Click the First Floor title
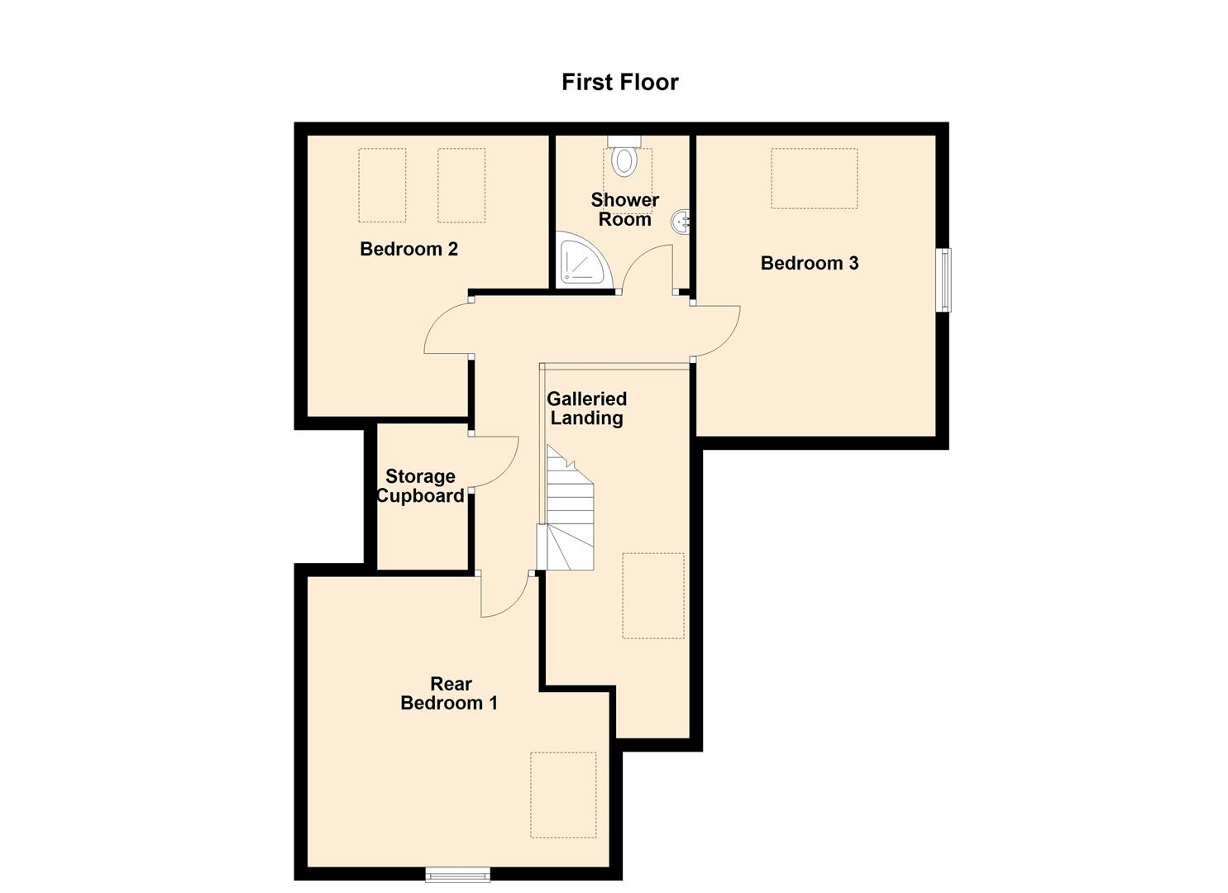coord(619,82)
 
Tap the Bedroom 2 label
coord(409,249)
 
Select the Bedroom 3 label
coord(809,263)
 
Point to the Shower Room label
coord(624,209)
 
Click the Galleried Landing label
coord(586,408)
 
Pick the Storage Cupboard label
coord(420,486)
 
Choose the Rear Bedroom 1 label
coord(449,693)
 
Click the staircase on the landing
coord(569,513)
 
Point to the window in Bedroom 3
coord(944,279)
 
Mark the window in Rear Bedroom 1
coord(457,873)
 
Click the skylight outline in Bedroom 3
coord(814,179)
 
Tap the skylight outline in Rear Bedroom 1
coord(562,795)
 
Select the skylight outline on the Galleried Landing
coord(652,595)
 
